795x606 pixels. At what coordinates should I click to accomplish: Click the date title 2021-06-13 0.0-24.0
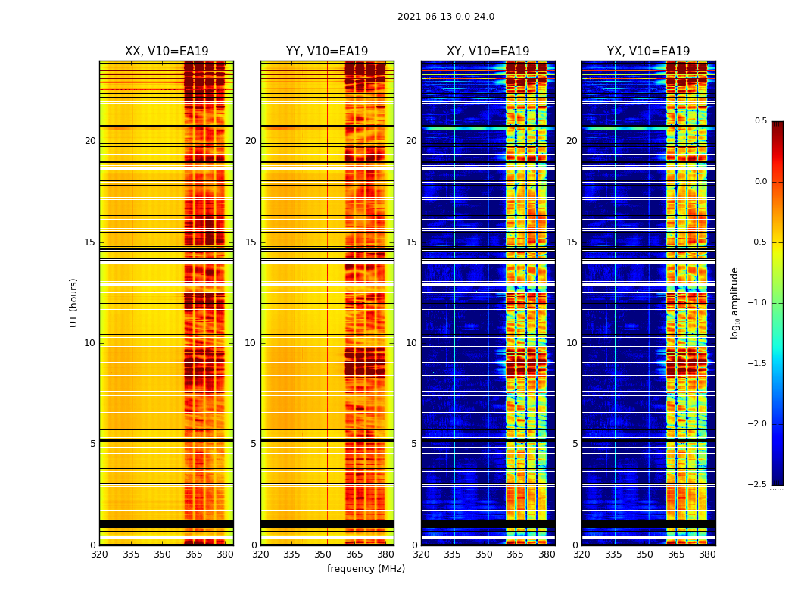coord(446,17)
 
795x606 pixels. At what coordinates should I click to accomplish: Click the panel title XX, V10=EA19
coord(167,52)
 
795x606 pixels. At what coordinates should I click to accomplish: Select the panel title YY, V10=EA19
coord(327,52)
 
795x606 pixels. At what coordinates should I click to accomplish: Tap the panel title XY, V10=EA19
coord(488,52)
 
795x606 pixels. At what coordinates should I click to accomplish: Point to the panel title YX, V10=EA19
coord(648,52)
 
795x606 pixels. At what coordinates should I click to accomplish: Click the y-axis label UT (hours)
coord(73,302)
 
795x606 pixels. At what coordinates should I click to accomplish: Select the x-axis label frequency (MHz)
coord(366,569)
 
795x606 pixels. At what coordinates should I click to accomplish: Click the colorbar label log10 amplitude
coord(734,302)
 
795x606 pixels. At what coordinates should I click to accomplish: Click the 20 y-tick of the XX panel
coord(90,141)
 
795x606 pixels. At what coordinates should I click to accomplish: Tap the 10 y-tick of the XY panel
coord(411,343)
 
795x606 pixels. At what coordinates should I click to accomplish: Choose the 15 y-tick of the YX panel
coord(572,242)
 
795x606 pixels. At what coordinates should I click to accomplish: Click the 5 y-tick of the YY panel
coord(254,444)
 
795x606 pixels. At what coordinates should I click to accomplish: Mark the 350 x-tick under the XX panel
coord(162,554)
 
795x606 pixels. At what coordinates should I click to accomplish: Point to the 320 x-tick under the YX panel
coord(581,554)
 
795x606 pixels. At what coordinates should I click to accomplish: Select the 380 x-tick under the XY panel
coord(547,554)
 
